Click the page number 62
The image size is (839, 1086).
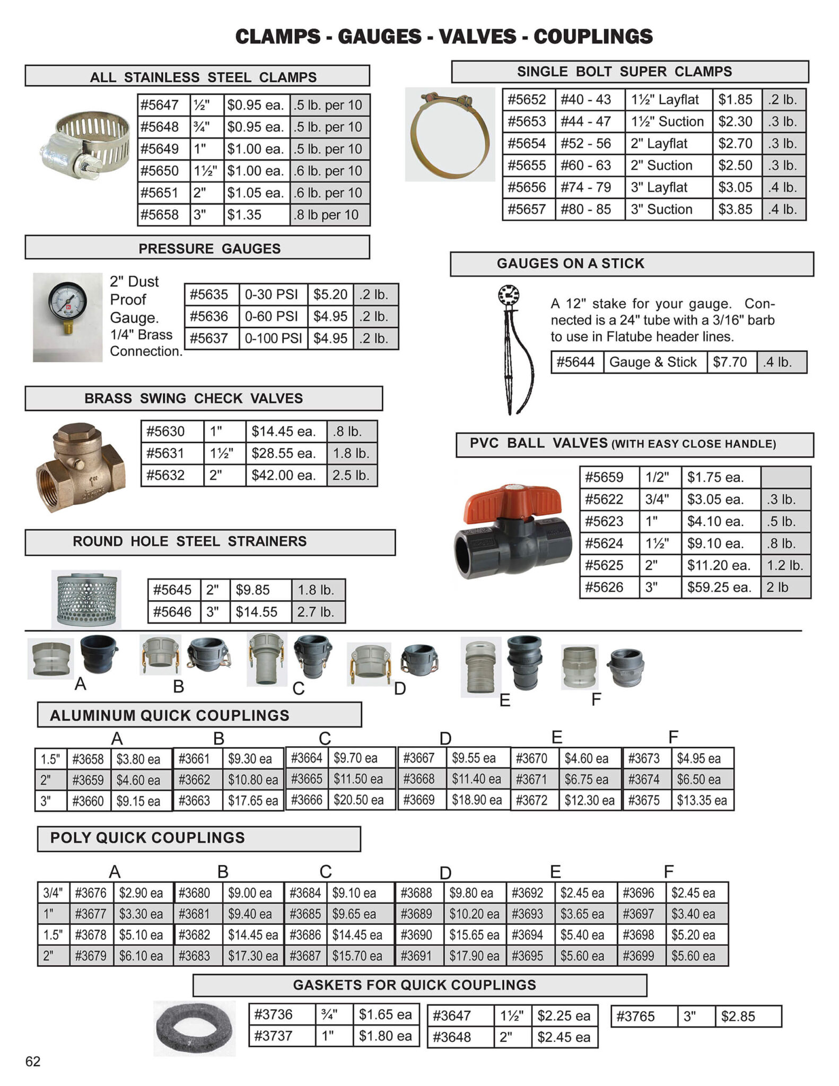coord(33,1061)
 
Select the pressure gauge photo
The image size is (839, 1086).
coord(67,317)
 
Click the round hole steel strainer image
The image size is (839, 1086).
coord(86,599)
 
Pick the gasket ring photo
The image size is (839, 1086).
coord(194,1028)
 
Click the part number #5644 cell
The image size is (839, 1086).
coord(576,362)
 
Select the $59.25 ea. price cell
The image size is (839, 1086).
coord(719,588)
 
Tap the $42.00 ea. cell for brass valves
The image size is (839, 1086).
coord(284,475)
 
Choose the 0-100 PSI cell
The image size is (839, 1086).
coord(273,338)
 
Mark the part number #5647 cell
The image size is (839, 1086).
coord(160,105)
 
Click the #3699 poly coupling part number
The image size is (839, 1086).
coord(639,956)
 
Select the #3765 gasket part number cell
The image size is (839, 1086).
coord(635,1017)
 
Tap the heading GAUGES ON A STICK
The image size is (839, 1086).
coord(570,264)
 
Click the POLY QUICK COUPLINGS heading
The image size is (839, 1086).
coord(147,838)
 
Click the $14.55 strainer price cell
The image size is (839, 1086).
coord(257,612)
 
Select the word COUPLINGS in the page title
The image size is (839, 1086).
coord(593,37)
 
